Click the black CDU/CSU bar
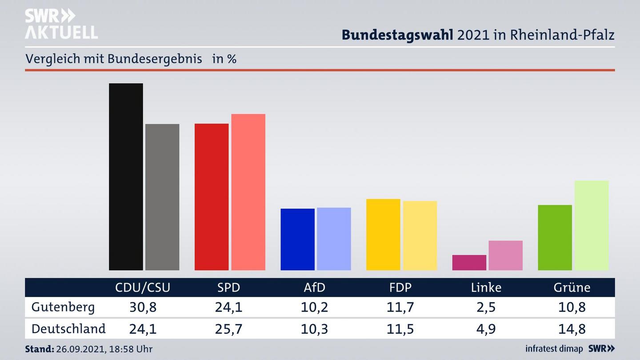click(126, 176)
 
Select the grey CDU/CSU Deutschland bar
click(162, 197)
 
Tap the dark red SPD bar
click(212, 196)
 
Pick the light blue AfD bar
click(334, 239)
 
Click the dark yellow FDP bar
click(383, 234)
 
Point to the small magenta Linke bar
click(469, 262)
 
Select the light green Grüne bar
click(591, 225)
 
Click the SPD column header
click(228, 288)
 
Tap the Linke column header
click(486, 288)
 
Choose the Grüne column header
click(572, 288)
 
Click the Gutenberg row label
click(63, 307)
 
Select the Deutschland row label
click(68, 329)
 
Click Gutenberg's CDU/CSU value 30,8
click(143, 307)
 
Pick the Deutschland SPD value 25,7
click(228, 329)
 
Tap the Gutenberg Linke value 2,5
click(486, 307)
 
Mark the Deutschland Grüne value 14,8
click(572, 329)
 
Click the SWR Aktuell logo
click(61, 24)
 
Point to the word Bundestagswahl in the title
click(397, 35)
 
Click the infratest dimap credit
click(554, 349)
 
